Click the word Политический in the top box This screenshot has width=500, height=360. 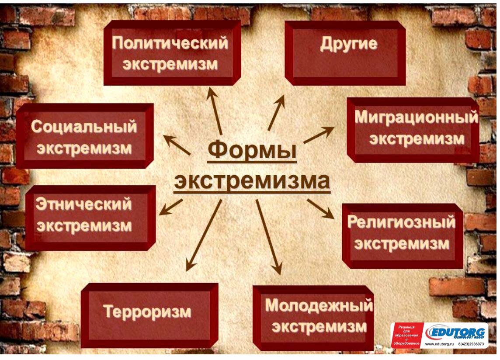tap(170, 43)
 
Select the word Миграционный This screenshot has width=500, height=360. tap(417, 118)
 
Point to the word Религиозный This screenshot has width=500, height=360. tap(401, 222)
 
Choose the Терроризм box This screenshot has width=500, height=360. tap(149, 315)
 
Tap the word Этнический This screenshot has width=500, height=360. tap(83, 204)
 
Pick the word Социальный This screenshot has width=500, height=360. tap(84, 127)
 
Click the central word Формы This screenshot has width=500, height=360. tap(252, 150)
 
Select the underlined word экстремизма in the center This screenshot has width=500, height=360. tap(252, 181)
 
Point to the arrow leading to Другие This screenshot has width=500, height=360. tap(276, 112)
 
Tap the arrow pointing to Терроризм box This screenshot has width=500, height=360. tap(204, 235)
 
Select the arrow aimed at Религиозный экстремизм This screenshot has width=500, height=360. tap(321, 209)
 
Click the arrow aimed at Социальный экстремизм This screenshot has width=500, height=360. tap(177, 145)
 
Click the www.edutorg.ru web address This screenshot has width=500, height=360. tap(439, 344)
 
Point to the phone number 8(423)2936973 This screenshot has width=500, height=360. tap(471, 344)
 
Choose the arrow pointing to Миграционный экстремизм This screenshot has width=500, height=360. tap(319, 135)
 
